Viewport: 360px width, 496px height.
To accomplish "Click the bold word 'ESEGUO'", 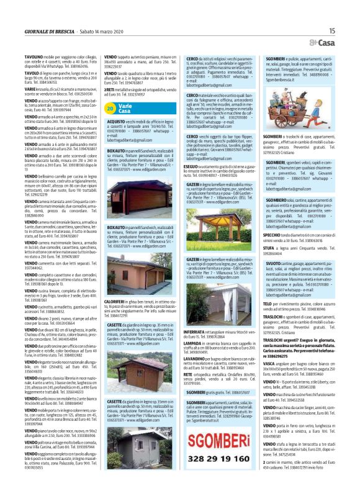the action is pos(193,166).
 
